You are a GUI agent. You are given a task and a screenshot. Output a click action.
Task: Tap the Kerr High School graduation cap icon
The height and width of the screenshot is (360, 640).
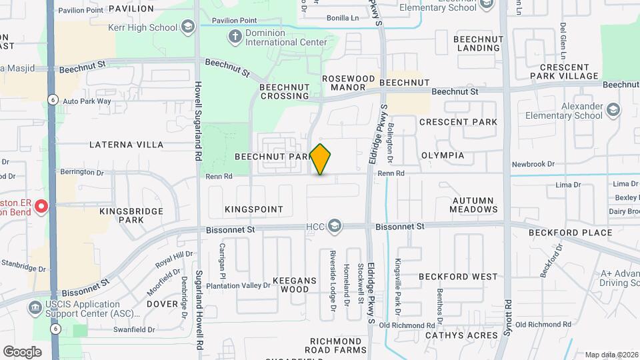[189, 27]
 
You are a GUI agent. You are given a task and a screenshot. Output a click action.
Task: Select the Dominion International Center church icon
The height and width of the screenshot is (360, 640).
[235, 37]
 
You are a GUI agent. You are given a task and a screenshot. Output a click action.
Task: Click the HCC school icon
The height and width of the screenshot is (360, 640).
[334, 227]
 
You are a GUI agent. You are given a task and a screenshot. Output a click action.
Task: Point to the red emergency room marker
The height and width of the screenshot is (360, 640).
[41, 206]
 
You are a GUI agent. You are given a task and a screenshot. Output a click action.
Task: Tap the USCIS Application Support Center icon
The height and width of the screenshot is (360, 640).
[33, 308]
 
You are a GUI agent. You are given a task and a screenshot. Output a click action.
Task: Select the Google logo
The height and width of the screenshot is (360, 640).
[22, 351]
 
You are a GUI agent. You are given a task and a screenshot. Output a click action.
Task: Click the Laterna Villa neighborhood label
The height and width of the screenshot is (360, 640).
[126, 144]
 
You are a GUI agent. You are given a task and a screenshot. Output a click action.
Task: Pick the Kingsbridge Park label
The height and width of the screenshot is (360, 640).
[122, 215]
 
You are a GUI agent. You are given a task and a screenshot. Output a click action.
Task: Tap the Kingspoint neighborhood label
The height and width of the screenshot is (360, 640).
[254, 209]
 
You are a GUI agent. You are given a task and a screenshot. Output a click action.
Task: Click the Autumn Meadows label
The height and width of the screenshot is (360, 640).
[475, 205]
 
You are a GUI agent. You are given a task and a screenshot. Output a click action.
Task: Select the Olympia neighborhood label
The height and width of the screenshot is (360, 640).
[443, 155]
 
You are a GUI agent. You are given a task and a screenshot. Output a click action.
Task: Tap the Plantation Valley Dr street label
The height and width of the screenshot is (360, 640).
[238, 285]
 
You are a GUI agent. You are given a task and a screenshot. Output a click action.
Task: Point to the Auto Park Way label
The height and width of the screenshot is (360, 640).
[87, 101]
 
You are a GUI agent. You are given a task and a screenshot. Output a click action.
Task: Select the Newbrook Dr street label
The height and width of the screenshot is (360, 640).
[533, 164]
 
